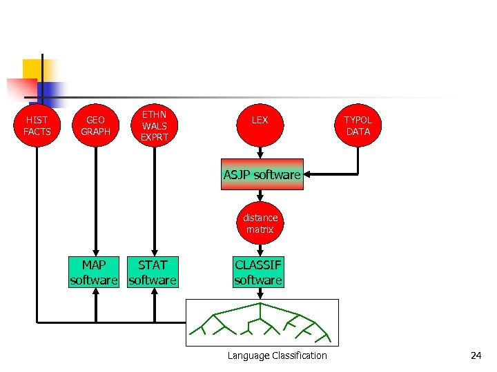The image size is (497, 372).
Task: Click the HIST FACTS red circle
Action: tap(37, 126)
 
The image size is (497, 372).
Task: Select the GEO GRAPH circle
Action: tap(95, 126)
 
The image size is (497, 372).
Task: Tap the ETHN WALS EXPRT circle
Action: tap(155, 126)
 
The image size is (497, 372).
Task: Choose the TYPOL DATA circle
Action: tap(358, 126)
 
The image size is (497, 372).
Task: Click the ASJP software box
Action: tap(262, 175)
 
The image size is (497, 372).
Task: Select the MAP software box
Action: tap(94, 272)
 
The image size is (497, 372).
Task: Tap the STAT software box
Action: tap(153, 272)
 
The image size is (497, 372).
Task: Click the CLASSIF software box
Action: tap(258, 272)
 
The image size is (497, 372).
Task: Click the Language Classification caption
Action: tap(277, 355)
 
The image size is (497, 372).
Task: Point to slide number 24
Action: tap(476, 355)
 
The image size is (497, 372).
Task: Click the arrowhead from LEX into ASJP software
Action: tap(260, 156)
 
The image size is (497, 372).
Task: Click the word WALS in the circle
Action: tap(155, 126)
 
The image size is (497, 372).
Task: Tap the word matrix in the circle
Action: tap(260, 229)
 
